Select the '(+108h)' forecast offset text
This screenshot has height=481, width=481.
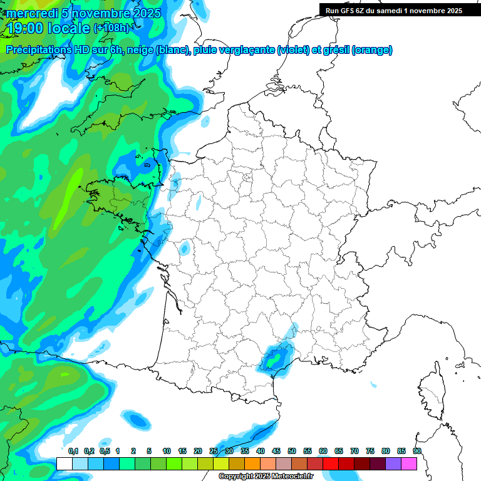coord(112,28)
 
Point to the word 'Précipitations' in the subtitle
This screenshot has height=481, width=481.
coord(44,50)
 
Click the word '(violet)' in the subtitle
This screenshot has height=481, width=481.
coord(293,50)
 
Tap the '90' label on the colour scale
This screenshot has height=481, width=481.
coord(417,451)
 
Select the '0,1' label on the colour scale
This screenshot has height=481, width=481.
coord(73,451)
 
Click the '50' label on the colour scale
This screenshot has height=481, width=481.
coord(292,451)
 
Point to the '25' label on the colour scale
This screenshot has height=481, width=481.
coord(214,451)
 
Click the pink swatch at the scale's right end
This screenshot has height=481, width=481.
coord(409,463)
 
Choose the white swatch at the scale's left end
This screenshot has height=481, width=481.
coord(64,463)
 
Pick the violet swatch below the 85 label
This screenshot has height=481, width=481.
coord(393,463)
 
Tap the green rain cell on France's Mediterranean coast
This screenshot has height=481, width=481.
coord(273,359)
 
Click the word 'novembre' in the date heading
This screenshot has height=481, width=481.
coord(101,13)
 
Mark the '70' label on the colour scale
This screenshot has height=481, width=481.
coord(354,451)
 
